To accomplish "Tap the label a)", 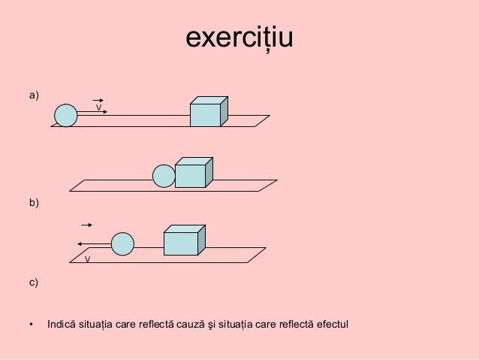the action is point(34,95).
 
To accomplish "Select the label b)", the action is point(34,202).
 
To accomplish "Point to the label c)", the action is point(34,283).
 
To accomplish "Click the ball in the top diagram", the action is point(66,115).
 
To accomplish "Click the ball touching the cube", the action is point(164,176).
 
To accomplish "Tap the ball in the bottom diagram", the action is point(122,244).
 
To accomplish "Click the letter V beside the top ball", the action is point(98,108).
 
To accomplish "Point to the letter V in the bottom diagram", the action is point(87,259).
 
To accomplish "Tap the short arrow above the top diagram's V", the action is point(98,99).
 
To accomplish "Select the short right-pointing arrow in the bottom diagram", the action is point(87,225).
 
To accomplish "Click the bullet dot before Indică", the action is point(32,325).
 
